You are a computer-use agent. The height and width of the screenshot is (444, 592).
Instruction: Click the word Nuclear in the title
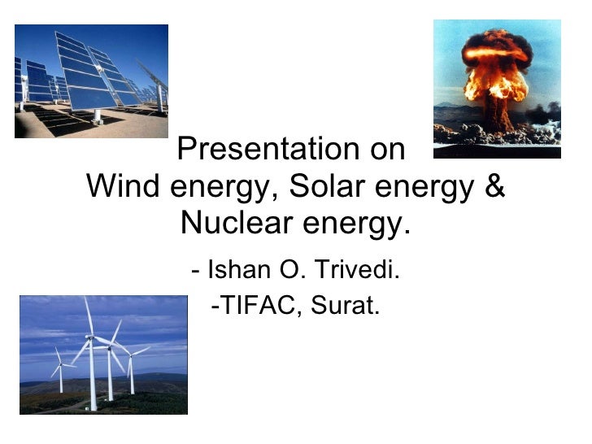click(233, 222)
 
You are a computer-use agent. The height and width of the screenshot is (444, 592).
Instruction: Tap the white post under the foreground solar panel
click(98, 115)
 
